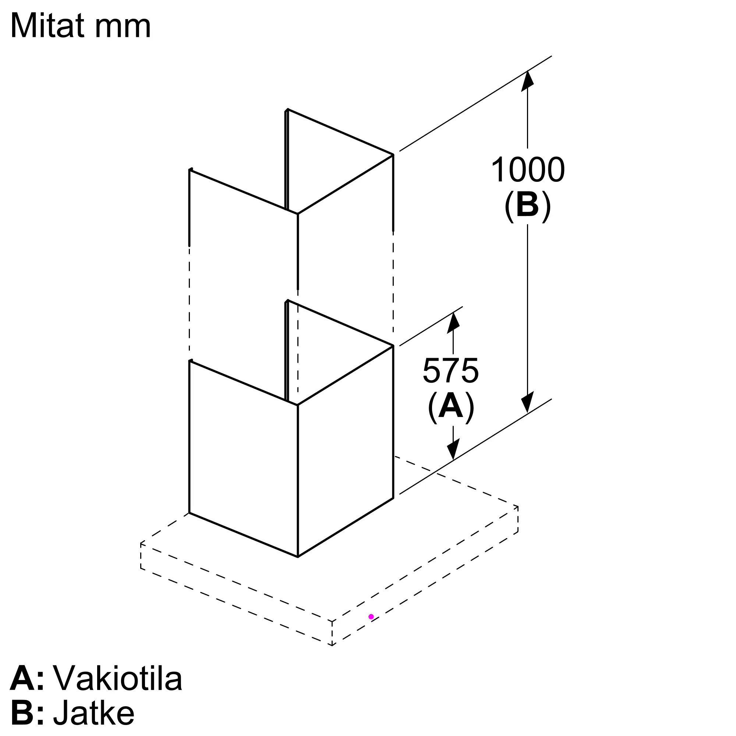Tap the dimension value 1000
point(528,170)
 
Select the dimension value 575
point(451,370)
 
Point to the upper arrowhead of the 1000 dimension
point(527,80)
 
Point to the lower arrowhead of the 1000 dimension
point(527,403)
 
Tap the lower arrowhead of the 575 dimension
point(453,450)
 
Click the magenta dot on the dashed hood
point(371,617)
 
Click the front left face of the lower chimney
point(243,459)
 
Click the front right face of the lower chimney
point(346,452)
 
